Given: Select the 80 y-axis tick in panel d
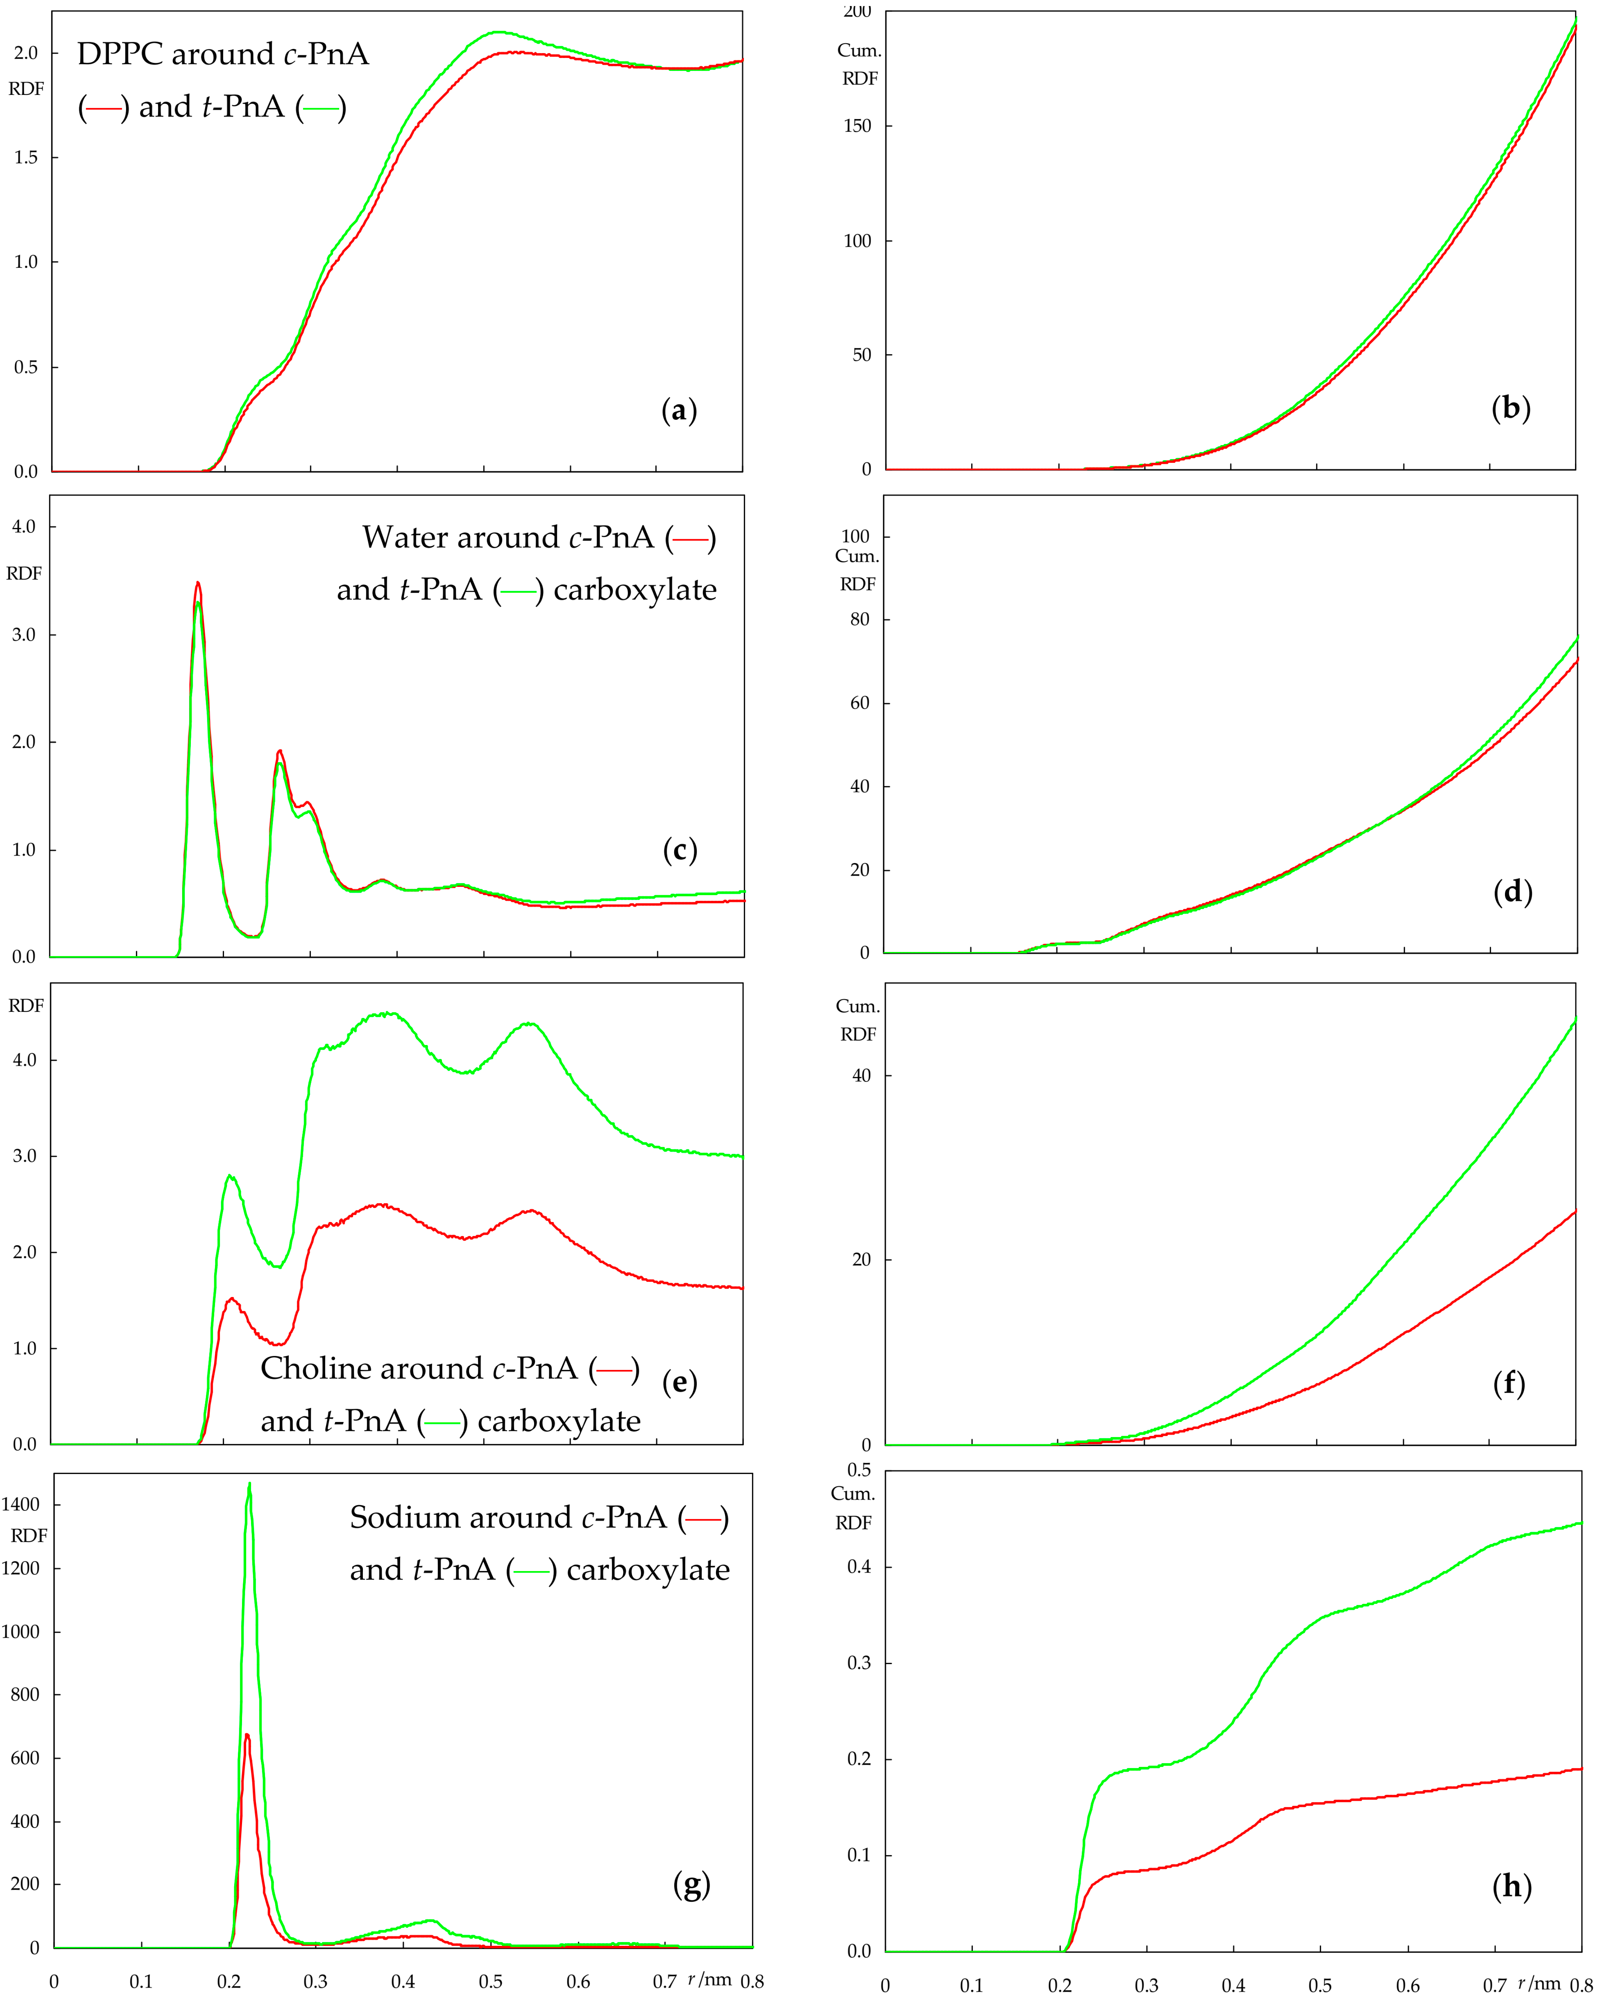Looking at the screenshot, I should (x=859, y=620).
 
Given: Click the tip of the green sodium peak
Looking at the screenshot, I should (x=249, y=1484).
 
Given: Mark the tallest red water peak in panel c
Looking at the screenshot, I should (x=197, y=584).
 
